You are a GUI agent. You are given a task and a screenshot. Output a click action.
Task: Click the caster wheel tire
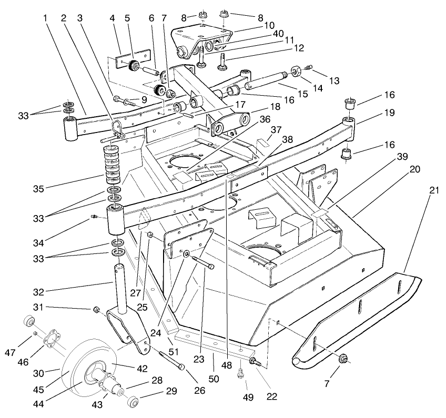click(68, 371)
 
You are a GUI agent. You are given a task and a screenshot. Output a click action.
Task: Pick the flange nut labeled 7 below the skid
click(342, 359)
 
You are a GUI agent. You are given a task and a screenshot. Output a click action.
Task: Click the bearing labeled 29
click(132, 403)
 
